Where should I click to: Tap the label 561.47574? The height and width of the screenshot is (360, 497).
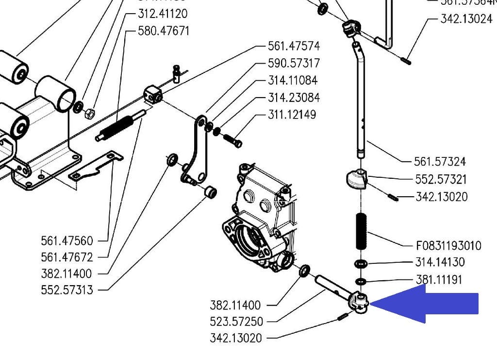[x=294, y=46]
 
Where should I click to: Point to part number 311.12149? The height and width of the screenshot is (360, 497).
[x=292, y=115]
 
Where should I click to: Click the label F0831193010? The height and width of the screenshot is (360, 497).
[x=448, y=245]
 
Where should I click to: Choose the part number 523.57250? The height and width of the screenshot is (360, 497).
[x=236, y=321]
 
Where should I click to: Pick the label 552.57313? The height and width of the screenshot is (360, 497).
[x=67, y=290]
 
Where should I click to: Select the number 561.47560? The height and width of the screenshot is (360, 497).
[x=67, y=240]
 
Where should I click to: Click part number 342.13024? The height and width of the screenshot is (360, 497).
[x=466, y=19]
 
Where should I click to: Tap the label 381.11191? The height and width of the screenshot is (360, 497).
[x=439, y=279]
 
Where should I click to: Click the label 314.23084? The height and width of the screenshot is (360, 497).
[x=294, y=98]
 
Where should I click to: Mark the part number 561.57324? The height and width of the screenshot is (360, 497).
[x=440, y=161]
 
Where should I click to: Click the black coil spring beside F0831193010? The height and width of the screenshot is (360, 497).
[x=362, y=231]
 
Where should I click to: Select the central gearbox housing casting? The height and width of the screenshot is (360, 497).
[x=257, y=219]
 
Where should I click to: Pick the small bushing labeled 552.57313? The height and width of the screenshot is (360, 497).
[x=210, y=192]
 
